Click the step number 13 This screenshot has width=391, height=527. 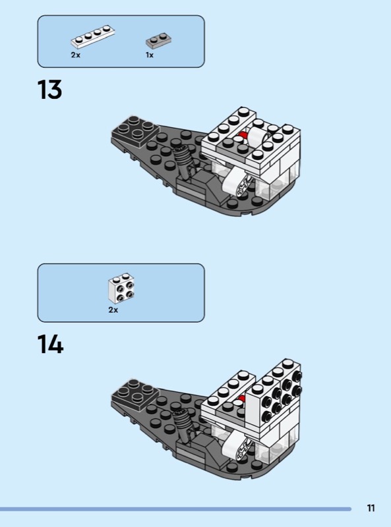[x=49, y=90]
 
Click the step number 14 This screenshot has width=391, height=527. [x=50, y=344]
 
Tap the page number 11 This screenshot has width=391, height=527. [x=371, y=507]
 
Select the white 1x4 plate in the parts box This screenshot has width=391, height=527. [x=93, y=36]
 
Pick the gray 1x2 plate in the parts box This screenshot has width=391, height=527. [x=158, y=41]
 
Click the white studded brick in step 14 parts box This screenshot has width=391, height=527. [x=121, y=288]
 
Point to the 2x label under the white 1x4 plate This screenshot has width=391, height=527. [x=76, y=55]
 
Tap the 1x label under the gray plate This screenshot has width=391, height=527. [x=150, y=55]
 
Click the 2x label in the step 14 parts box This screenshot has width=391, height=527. [x=113, y=310]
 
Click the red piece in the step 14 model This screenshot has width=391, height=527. [x=241, y=399]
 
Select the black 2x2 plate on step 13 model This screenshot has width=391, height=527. [x=135, y=130]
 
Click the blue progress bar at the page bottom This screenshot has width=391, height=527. [x=175, y=509]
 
